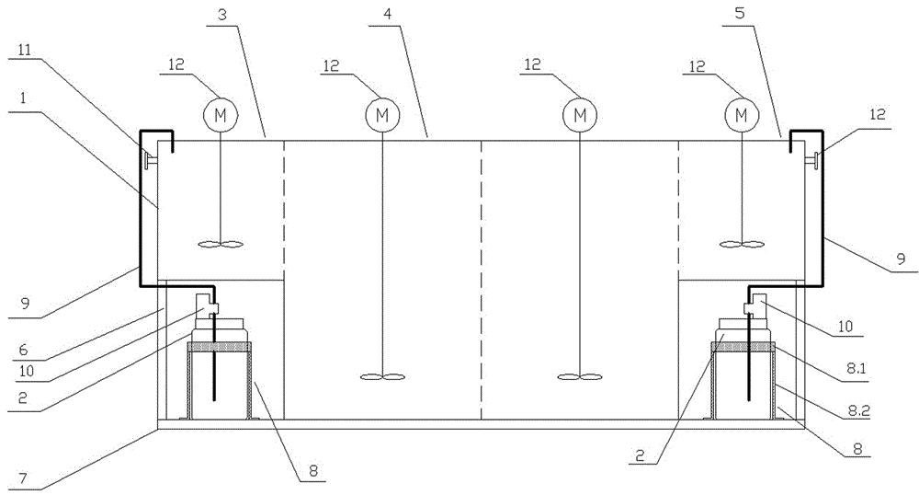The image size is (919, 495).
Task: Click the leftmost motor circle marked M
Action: pos(221,115)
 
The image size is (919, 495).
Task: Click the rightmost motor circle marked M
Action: pos(742,115)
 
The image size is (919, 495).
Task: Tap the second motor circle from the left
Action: pos(382,115)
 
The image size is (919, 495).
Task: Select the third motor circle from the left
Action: pos(580,115)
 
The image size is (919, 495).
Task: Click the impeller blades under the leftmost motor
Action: pos(221,245)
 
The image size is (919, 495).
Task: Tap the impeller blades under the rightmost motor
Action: pos(742,245)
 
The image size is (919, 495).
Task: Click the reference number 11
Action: pos(24,50)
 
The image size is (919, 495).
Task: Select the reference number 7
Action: pos(22,478)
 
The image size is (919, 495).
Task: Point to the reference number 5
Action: pos(740,13)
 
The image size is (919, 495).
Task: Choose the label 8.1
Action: pos(856,370)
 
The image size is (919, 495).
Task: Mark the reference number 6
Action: pos(23,350)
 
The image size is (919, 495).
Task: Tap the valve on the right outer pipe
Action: pos(813,158)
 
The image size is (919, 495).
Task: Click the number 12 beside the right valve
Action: pos(878,114)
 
